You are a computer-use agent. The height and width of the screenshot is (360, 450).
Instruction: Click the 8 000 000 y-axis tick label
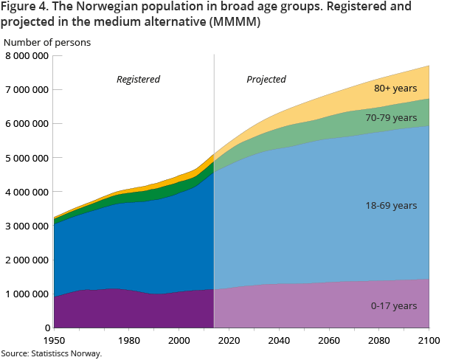[26, 56]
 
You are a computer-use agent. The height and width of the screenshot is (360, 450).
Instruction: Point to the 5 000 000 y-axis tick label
[26, 158]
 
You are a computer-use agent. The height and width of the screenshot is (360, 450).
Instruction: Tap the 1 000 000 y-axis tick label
[26, 294]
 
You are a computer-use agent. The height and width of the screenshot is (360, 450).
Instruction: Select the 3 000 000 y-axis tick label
[26, 226]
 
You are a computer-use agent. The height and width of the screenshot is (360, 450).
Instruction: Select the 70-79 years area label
[392, 118]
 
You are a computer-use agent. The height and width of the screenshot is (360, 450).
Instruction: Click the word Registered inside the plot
[138, 79]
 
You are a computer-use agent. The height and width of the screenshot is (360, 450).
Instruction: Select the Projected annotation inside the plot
[266, 79]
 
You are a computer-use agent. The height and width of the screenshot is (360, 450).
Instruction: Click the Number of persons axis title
[47, 42]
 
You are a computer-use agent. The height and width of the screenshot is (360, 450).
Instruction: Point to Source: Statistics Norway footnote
[51, 353]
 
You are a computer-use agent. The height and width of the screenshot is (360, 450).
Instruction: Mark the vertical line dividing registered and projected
[214, 221]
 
